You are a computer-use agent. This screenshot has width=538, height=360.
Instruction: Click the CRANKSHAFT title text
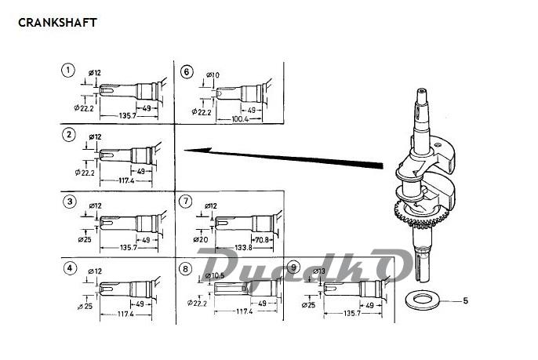click(57, 23)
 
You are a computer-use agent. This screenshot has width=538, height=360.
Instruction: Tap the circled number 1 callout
click(68, 71)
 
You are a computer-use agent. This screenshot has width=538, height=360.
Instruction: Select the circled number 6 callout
click(187, 71)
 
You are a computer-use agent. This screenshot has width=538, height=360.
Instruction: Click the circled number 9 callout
click(293, 267)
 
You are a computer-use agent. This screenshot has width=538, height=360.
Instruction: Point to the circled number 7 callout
click(186, 201)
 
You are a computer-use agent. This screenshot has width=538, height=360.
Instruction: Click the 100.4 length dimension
click(240, 119)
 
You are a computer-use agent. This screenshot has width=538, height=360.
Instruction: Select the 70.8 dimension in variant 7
click(262, 239)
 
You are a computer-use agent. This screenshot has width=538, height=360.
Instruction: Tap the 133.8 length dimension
click(244, 247)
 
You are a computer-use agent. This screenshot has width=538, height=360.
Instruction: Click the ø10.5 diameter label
click(214, 275)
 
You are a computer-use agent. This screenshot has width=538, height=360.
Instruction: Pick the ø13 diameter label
click(319, 271)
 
